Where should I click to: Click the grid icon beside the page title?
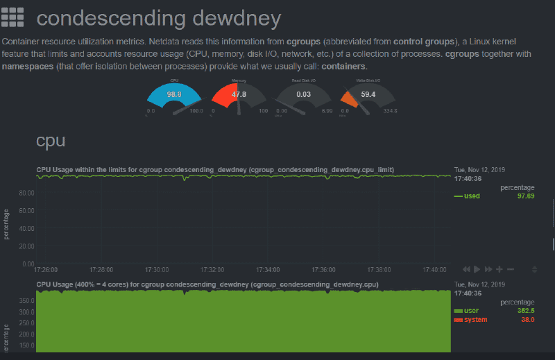click(x=13, y=17)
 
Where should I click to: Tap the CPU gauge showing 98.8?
click(x=174, y=94)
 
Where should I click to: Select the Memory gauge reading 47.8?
click(x=239, y=94)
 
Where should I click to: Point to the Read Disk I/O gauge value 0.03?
click(x=303, y=94)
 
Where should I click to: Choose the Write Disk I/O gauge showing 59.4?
click(x=368, y=94)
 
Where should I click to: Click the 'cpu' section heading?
click(x=51, y=141)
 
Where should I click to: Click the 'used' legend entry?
click(x=472, y=196)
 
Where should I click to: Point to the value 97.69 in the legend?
click(x=525, y=196)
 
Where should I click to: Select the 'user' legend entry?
click(x=471, y=311)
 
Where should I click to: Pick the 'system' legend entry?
click(x=475, y=320)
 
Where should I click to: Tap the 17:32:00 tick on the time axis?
click(x=212, y=269)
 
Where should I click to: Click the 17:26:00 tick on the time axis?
click(x=46, y=269)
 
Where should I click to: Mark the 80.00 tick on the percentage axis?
click(x=26, y=192)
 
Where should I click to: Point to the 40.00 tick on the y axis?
click(x=26, y=228)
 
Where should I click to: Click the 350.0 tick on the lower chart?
click(x=26, y=301)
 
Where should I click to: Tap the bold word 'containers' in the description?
click(x=343, y=67)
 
